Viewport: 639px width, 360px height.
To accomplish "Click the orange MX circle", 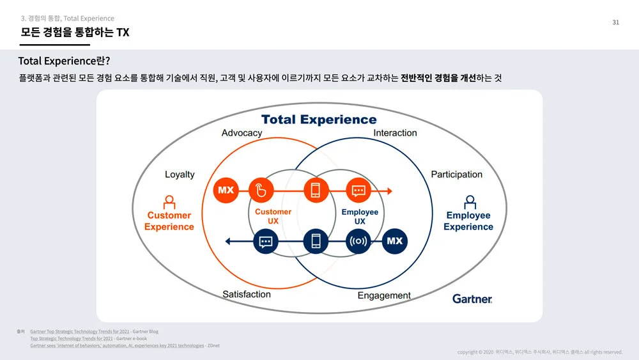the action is (226, 190).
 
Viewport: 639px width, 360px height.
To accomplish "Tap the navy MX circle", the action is (395, 241).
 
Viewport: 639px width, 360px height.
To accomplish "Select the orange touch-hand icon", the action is (261, 190).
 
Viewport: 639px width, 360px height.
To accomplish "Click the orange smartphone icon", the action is (315, 190).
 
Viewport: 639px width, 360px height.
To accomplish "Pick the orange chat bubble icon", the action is (358, 190).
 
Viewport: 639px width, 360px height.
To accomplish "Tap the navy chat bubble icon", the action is (266, 241).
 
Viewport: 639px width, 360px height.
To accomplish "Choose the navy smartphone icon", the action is (315, 241).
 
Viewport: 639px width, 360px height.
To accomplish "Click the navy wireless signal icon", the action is (358, 241).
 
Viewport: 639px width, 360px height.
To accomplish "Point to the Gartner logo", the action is (472, 299).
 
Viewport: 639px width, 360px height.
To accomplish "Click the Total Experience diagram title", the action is (319, 120).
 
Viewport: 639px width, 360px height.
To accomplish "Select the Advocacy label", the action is (242, 133).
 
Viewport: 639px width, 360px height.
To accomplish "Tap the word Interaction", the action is (395, 133).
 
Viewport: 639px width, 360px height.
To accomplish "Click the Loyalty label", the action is (180, 175).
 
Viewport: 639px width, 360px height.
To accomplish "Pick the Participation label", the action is (456, 175).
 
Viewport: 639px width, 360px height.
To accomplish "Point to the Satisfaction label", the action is (247, 294).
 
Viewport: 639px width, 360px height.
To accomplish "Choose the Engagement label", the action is (384, 295).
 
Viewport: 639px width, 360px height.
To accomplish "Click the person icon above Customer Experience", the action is (169, 202).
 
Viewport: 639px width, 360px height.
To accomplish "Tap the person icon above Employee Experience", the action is (470, 202).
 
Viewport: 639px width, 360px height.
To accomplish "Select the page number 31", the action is (616, 22).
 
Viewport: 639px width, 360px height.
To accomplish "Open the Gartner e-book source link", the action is (71, 338).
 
